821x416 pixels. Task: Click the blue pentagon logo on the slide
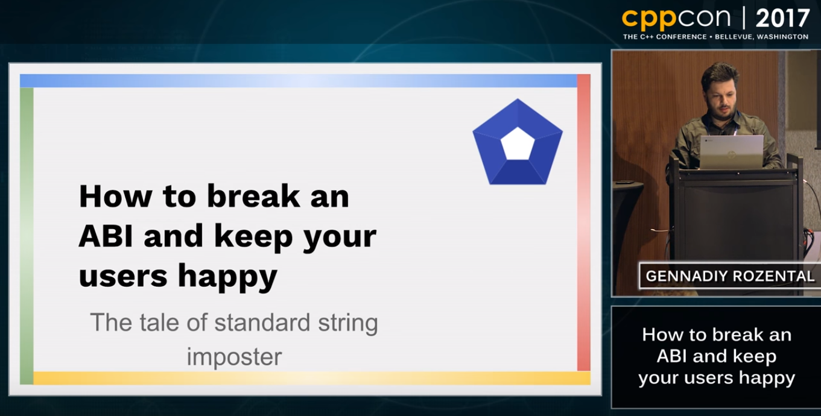(518, 142)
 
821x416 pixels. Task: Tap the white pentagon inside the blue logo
(518, 143)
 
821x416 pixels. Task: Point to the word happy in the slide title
(227, 277)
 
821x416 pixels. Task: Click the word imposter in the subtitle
(234, 357)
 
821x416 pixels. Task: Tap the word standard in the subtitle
(262, 323)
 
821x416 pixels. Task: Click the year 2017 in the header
(782, 18)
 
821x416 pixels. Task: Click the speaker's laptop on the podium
(732, 152)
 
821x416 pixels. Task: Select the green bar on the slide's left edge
(27, 236)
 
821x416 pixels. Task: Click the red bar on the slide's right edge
(584, 222)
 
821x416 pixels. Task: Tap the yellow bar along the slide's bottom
(312, 378)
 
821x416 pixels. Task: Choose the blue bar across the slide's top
(299, 81)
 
